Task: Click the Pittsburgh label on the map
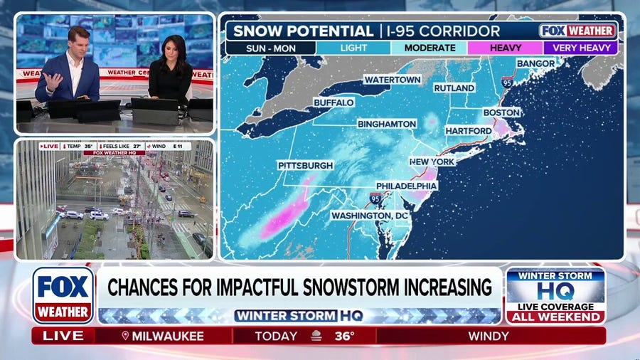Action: point(305,165)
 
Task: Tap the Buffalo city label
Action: point(334,102)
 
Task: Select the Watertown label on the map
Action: point(392,80)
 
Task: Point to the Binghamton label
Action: point(387,124)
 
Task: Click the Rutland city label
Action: point(454,88)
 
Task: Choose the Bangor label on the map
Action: point(535,63)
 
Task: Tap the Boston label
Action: point(501,112)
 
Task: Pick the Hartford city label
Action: point(468,131)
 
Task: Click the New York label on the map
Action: point(432,162)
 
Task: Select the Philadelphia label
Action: point(406,185)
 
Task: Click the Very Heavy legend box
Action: point(580,48)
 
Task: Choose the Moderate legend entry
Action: point(429,48)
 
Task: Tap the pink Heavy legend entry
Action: point(505,48)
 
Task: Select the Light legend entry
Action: point(353,48)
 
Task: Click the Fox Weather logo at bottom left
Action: point(63,295)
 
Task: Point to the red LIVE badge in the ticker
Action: point(63,335)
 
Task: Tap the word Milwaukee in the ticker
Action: point(169,335)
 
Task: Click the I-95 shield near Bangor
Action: point(506,83)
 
